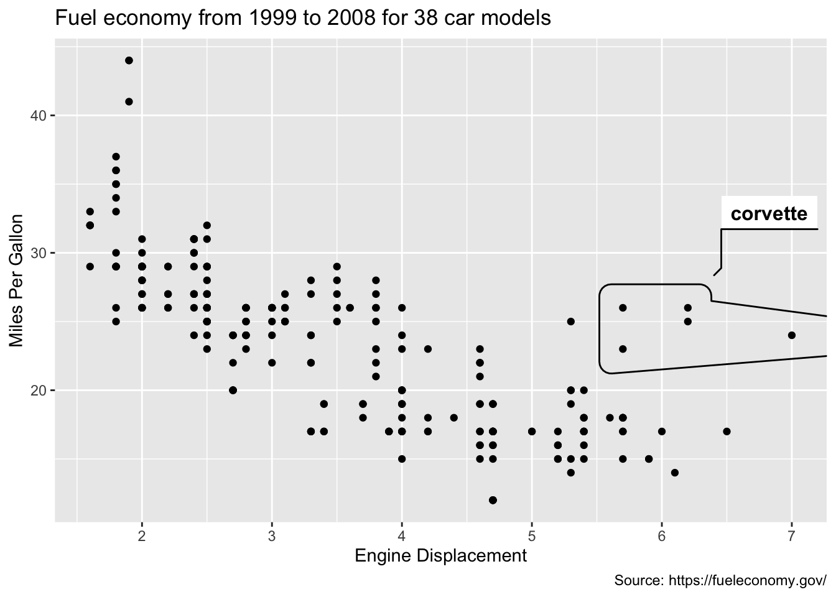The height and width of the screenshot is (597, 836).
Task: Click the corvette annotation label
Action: pyautogui.click(x=769, y=214)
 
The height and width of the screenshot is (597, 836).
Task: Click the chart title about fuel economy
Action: pyautogui.click(x=303, y=18)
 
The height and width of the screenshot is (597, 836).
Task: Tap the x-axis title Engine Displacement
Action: pyautogui.click(x=440, y=555)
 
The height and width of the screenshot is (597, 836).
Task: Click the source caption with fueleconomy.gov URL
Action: pyautogui.click(x=720, y=581)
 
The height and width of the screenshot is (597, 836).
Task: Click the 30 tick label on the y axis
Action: pyautogui.click(x=38, y=253)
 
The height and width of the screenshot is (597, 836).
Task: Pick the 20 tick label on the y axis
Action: pyautogui.click(x=38, y=391)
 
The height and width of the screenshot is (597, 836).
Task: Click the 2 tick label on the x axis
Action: pyautogui.click(x=142, y=536)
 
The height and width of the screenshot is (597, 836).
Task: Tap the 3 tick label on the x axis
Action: pyautogui.click(x=272, y=536)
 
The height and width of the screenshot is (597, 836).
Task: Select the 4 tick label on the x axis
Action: pyautogui.click(x=402, y=536)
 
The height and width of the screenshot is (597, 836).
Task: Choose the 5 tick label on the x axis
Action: pyautogui.click(x=532, y=536)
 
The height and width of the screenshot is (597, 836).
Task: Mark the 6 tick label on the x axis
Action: pyautogui.click(x=662, y=536)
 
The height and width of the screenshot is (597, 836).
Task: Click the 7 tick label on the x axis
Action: pyautogui.click(x=791, y=536)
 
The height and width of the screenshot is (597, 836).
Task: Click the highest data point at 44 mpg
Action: pyautogui.click(x=129, y=60)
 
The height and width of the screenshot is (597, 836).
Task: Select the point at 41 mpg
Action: pyautogui.click(x=129, y=101)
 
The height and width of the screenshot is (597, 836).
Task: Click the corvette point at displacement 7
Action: pyautogui.click(x=791, y=335)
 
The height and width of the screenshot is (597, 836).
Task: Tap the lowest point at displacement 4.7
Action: pyautogui.click(x=493, y=500)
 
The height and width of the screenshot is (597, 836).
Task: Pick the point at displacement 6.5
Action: pyautogui.click(x=727, y=431)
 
